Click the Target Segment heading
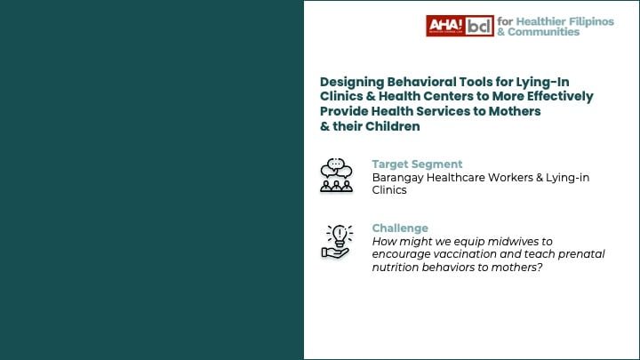(x=417, y=164)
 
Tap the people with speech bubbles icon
(x=336, y=175)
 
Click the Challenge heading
(x=400, y=228)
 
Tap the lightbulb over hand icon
(x=336, y=241)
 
